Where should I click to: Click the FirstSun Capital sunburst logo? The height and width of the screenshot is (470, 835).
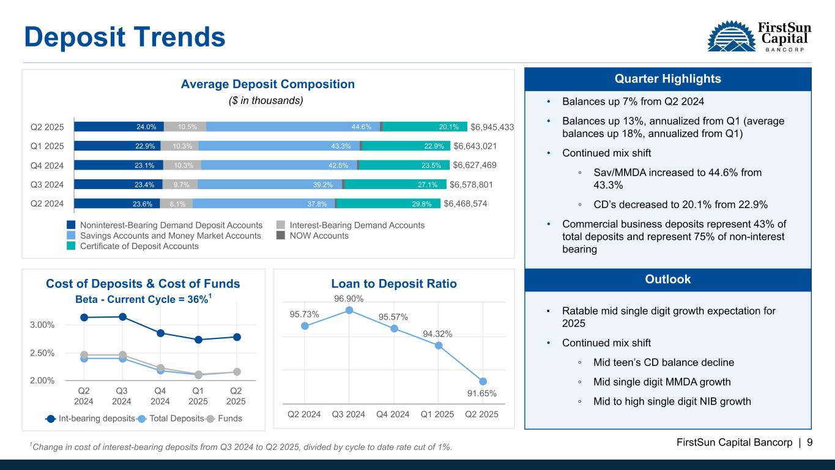coord(731,36)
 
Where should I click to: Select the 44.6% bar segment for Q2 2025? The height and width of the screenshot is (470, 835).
coord(293,127)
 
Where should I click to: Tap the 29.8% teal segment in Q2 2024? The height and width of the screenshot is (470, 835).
coord(388,204)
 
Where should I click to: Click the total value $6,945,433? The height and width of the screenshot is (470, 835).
coord(492,127)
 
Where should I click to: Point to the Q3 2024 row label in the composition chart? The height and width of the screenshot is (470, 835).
coord(47,185)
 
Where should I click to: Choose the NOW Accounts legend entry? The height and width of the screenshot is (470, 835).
coord(313,236)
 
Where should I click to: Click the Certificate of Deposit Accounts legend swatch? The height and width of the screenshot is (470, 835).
coord(71,246)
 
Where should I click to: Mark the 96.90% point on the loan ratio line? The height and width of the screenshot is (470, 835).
coord(349,310)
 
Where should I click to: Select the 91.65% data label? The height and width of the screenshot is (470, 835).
coord(481,394)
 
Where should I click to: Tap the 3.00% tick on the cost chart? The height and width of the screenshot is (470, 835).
coord(42,325)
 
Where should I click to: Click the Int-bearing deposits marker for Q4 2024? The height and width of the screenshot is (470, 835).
coord(161,333)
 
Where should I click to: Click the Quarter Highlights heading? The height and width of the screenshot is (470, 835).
coord(667,79)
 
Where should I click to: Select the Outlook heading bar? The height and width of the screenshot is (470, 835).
coord(667,280)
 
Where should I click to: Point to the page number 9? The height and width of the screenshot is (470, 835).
coord(810,442)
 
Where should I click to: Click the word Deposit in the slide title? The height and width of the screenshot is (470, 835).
coord(75,37)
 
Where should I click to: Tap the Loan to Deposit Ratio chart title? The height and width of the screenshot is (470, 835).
coord(394,283)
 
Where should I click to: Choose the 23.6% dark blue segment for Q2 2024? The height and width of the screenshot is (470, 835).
coord(117,204)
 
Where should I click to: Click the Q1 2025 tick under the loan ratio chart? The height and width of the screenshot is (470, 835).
coord(437,414)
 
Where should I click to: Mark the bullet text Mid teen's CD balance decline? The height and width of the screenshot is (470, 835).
coord(664,362)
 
